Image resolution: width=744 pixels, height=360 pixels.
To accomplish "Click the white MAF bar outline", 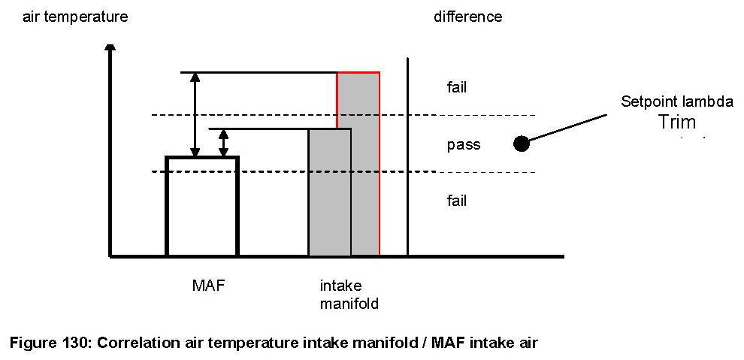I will (202, 207).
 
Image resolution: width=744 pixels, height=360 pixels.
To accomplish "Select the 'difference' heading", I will (468, 17).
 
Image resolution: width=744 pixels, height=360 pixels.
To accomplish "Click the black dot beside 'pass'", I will (520, 144).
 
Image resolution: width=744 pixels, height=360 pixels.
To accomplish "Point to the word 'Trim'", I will (678, 123).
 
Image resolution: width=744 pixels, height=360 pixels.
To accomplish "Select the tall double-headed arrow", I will (195, 115).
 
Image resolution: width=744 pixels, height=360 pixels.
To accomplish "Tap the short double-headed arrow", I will (222, 144).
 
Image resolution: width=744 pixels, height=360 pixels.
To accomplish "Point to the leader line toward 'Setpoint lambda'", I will (567, 128).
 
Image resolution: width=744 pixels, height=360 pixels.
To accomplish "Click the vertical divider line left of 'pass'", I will (407, 158).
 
